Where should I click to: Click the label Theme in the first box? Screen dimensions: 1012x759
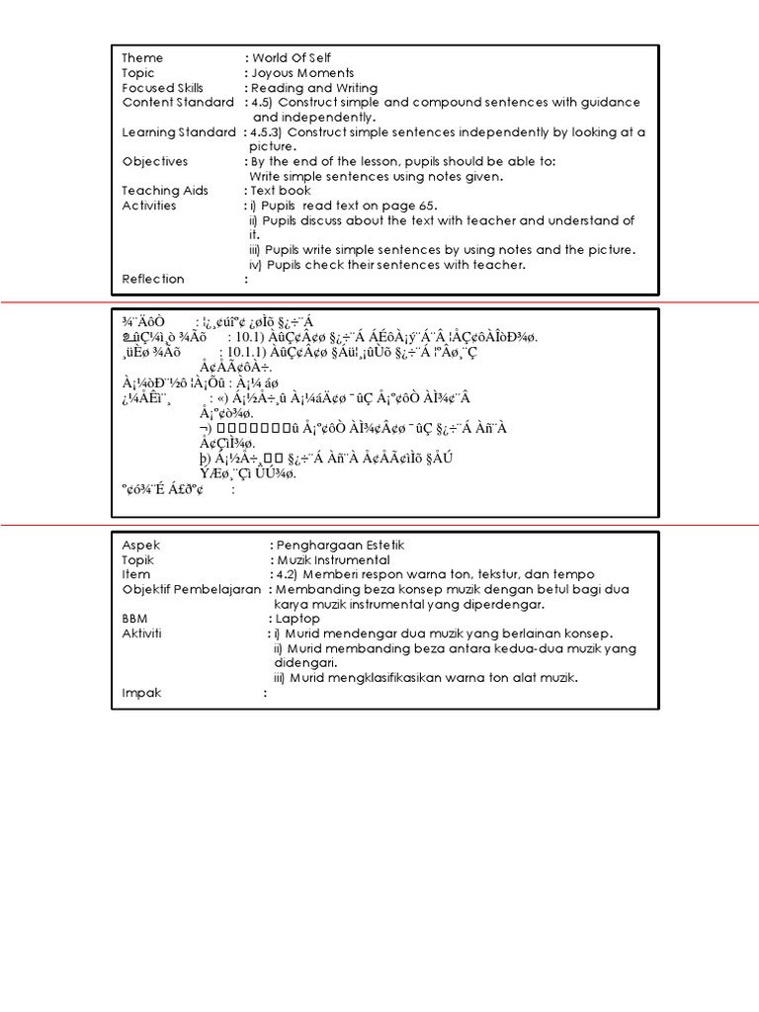tap(142, 58)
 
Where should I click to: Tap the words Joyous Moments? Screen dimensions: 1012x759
tap(302, 73)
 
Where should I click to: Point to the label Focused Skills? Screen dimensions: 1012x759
tap(162, 88)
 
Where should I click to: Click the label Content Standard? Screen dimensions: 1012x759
tap(178, 103)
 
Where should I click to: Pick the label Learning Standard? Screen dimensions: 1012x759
tap(179, 131)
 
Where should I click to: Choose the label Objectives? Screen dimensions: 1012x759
tap(155, 161)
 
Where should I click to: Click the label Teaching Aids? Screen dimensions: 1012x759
tap(167, 191)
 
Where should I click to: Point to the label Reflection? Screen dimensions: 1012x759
tap(153, 279)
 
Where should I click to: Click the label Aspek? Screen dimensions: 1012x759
tap(140, 545)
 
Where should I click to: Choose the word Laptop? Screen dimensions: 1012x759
tap(298, 619)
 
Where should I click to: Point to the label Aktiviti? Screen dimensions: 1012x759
tap(142, 633)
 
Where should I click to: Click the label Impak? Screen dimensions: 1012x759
tap(141, 693)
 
